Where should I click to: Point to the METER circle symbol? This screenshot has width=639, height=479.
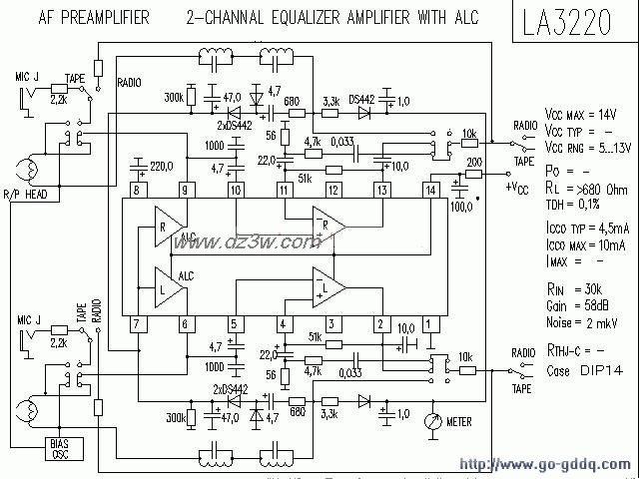(x=431, y=421)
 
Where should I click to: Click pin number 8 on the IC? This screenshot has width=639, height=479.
(x=137, y=190)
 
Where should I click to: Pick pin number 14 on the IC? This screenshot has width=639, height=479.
(x=430, y=190)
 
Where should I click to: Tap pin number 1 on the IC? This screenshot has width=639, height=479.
(x=430, y=322)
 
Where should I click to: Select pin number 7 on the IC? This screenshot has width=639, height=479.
(x=137, y=322)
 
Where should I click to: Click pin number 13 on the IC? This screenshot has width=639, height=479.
(x=381, y=190)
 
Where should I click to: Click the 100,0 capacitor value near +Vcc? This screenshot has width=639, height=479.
(x=460, y=205)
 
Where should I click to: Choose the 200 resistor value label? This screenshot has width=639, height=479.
(x=474, y=162)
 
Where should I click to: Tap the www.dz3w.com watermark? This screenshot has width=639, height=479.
(x=245, y=241)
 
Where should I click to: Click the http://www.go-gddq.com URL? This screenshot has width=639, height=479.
(x=544, y=464)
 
